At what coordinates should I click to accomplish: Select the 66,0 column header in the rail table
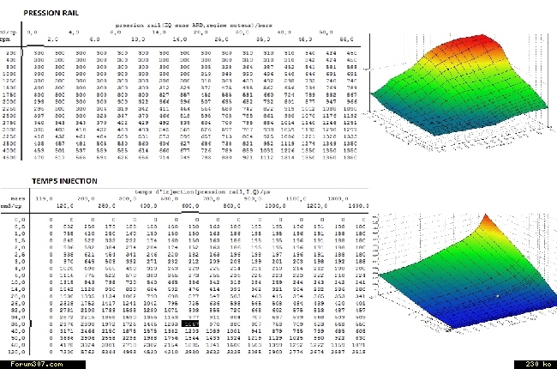click(347, 39)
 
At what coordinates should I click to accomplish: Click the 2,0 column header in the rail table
click(53, 39)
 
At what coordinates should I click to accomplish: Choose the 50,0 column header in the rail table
click(326, 32)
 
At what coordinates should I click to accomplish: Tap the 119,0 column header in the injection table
click(37, 197)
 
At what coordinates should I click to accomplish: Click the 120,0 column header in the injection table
click(61, 206)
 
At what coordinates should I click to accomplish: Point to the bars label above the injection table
click(9, 198)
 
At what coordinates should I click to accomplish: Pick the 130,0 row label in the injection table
click(13, 351)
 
